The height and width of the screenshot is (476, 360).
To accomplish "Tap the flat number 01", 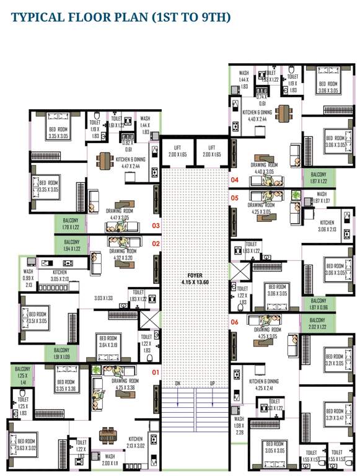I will [x=156, y=372].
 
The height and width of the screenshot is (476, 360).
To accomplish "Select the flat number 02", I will [x=156, y=244].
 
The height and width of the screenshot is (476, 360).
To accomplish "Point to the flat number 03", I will [x=156, y=226].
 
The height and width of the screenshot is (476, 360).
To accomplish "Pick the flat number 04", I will [x=234, y=180].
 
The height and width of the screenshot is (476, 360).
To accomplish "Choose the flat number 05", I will [x=234, y=198].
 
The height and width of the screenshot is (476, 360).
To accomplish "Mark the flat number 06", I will [x=234, y=322].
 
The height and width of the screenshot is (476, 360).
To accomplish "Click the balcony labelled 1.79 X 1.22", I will [x=71, y=222].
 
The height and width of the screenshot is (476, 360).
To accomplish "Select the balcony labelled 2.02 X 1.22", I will [x=317, y=323].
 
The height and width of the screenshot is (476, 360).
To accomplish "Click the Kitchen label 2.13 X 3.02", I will [x=136, y=441].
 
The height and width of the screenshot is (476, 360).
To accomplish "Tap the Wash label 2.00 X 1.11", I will [x=109, y=459].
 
